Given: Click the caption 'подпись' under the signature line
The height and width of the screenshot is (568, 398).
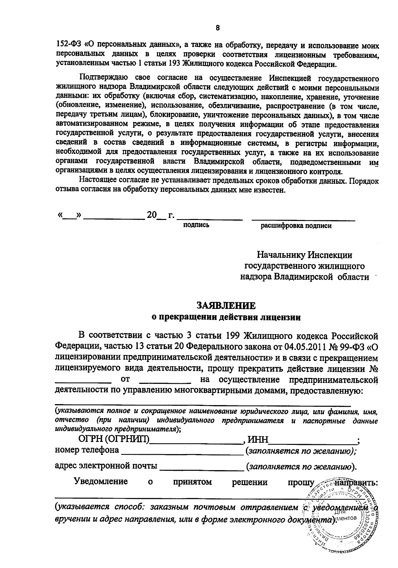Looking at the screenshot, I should click(x=196, y=225).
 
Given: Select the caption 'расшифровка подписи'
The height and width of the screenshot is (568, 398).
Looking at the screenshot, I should click(x=296, y=226).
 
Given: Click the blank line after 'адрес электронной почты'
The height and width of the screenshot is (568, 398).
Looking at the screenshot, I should click(x=202, y=469).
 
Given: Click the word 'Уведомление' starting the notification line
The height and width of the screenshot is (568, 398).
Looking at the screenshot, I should click(x=100, y=482).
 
